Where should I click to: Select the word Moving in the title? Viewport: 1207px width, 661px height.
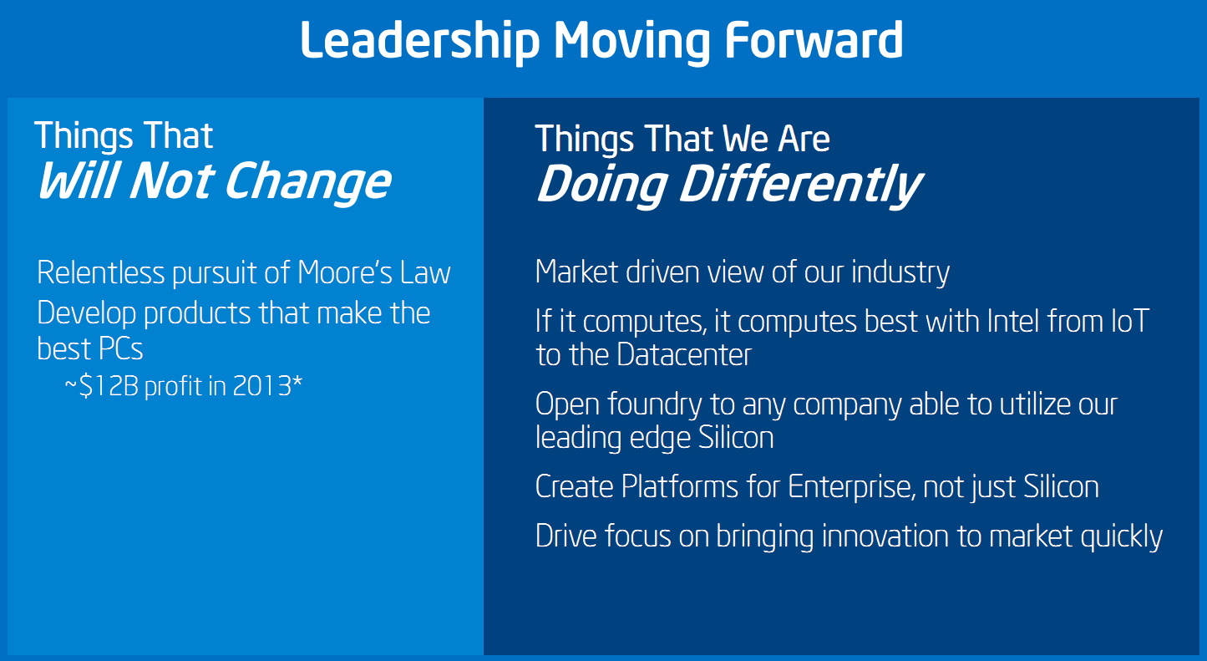click(632, 43)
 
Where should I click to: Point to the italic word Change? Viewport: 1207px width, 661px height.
click(307, 183)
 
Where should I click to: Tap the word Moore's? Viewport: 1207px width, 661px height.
click(345, 272)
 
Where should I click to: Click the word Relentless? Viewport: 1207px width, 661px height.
click(101, 272)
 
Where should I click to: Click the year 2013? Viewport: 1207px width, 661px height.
click(262, 386)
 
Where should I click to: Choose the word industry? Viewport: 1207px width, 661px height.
click(900, 272)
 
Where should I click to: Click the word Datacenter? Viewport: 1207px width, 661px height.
click(684, 355)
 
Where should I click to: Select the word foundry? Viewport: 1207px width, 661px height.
click(655, 405)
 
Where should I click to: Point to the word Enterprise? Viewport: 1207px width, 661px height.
click(852, 487)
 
